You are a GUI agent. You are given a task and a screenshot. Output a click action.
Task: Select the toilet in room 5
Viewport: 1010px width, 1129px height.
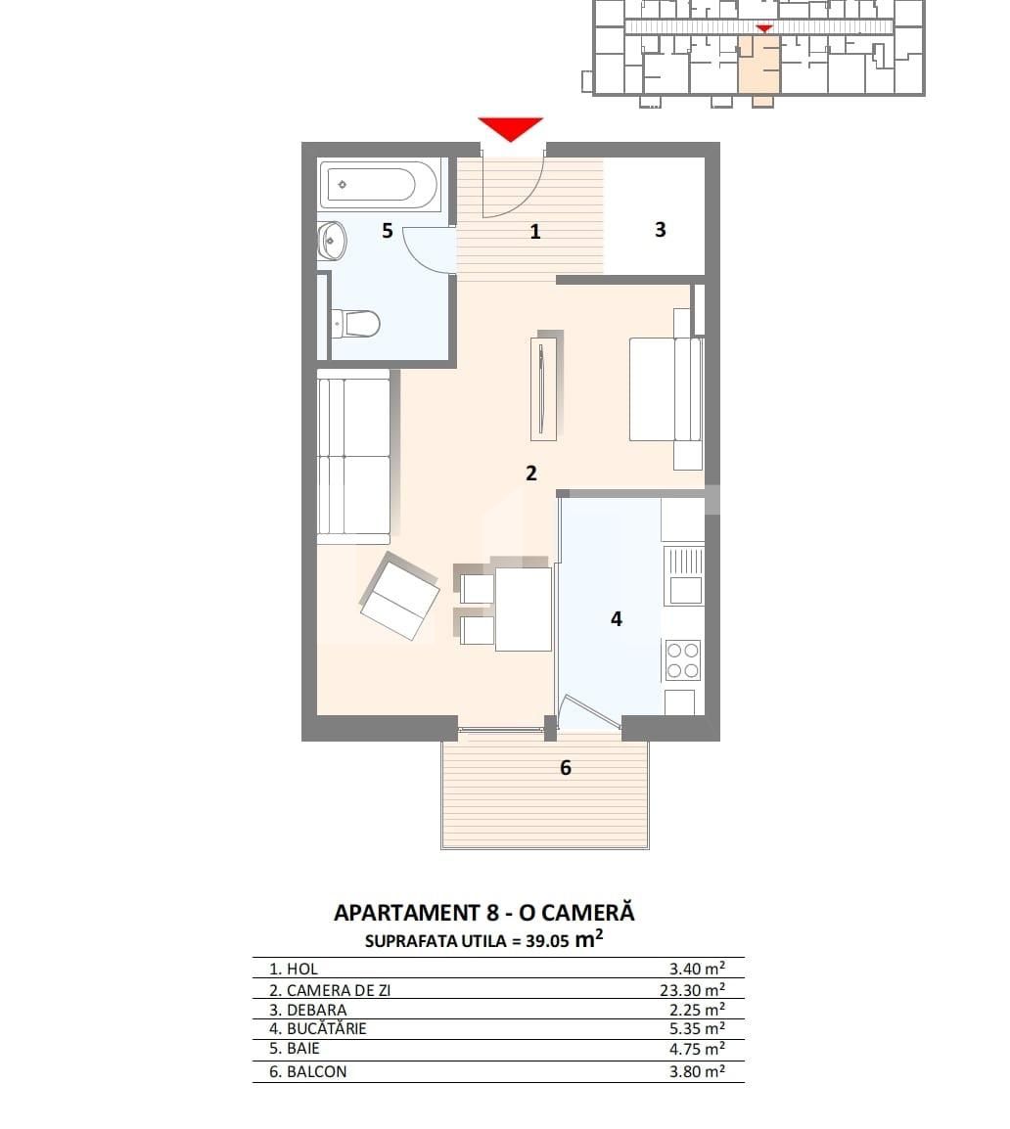(356, 322)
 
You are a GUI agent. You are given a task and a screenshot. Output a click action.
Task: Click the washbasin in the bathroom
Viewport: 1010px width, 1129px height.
(332, 240)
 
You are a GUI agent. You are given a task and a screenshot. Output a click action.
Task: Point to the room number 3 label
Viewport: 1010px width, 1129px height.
(660, 230)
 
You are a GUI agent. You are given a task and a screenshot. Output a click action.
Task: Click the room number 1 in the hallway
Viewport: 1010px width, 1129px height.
(535, 232)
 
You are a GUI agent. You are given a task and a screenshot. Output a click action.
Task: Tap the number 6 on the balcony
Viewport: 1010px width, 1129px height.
(565, 768)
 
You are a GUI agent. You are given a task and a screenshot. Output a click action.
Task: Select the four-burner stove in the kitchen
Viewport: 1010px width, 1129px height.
(683, 659)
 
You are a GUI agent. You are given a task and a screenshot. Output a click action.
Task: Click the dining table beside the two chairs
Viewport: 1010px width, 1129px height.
(524, 609)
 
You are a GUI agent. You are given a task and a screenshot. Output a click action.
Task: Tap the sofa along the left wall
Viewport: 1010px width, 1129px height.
(353, 456)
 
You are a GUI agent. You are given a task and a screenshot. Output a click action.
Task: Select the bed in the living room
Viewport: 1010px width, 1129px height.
(666, 389)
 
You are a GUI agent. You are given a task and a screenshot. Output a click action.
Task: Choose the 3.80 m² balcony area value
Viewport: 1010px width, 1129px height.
(697, 1071)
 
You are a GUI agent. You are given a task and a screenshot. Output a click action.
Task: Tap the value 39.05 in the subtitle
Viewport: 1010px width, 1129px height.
(547, 942)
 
